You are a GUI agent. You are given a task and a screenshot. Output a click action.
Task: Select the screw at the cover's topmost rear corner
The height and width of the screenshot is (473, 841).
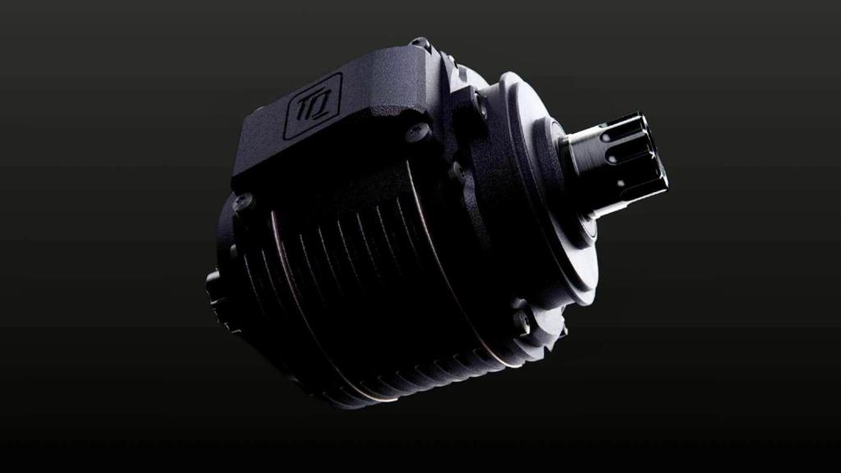point(420,42)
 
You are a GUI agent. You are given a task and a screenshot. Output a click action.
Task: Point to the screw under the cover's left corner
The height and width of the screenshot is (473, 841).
point(244,200)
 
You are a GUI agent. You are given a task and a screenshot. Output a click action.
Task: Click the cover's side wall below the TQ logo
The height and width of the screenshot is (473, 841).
point(329,152)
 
